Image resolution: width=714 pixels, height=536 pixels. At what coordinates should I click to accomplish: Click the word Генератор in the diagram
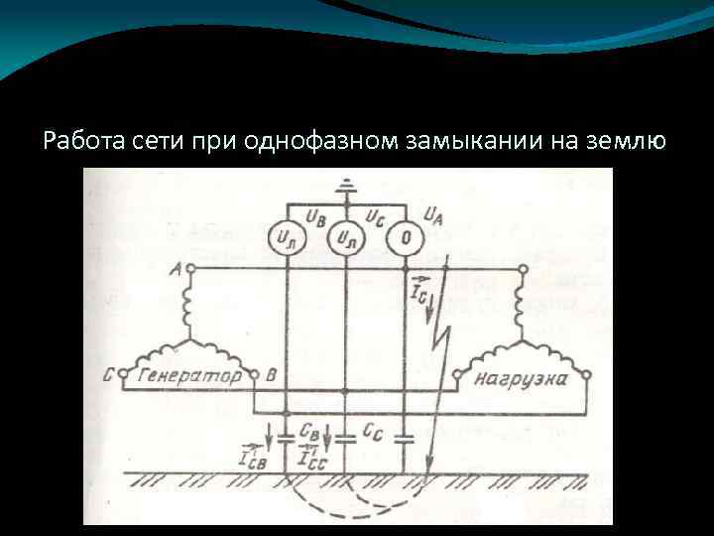(x=187, y=377)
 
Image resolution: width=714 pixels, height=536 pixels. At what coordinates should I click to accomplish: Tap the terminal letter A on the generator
(x=175, y=268)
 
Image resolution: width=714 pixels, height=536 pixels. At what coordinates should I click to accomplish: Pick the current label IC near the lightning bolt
(x=418, y=290)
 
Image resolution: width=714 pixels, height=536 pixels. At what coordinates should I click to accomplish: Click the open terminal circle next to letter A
(x=190, y=269)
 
